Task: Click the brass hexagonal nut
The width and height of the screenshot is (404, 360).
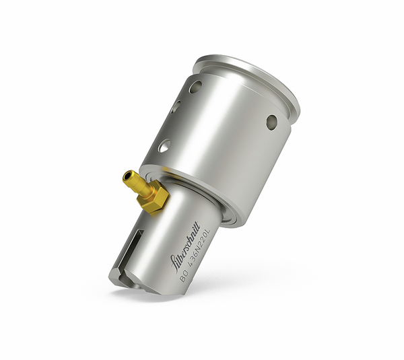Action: tap(153, 198)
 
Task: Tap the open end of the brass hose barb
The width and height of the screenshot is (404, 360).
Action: tap(126, 177)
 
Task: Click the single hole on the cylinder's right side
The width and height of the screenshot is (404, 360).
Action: tap(271, 121)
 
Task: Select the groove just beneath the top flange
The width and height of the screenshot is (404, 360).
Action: tap(283, 121)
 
